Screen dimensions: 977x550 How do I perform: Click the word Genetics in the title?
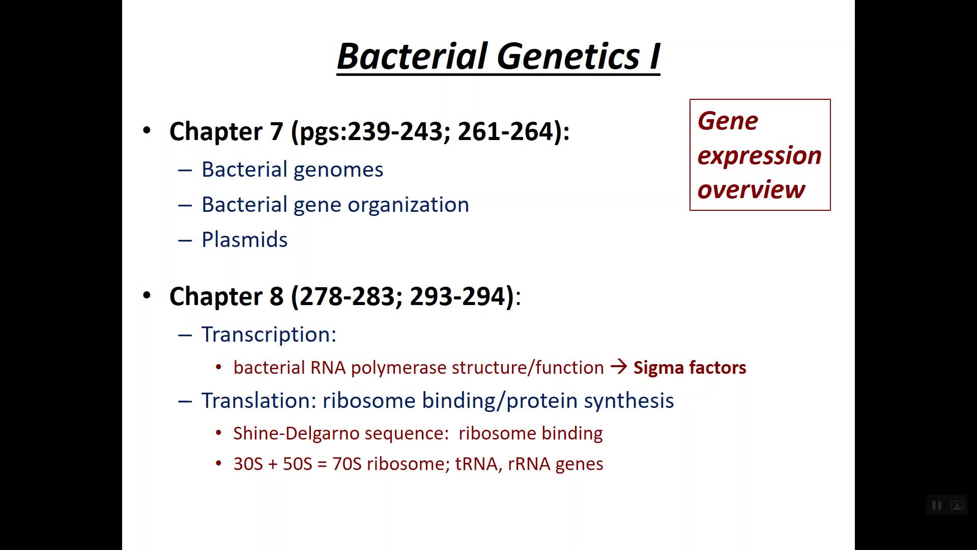pyautogui.click(x=568, y=56)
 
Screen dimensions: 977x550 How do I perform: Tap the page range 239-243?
pyautogui.click(x=395, y=131)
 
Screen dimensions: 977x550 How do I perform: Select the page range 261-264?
pyautogui.click(x=505, y=131)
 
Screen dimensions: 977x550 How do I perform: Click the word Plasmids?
pyautogui.click(x=245, y=240)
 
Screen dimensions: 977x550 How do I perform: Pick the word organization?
pyautogui.click(x=409, y=205)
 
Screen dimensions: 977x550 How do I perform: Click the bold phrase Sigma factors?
pyautogui.click(x=689, y=367)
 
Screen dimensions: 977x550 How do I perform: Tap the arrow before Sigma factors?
pyautogui.click(x=619, y=367)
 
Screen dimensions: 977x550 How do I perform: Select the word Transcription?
pyautogui.click(x=266, y=335)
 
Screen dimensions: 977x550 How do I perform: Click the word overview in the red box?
pyautogui.click(x=751, y=190)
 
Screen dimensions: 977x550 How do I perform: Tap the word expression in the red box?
pyautogui.click(x=759, y=156)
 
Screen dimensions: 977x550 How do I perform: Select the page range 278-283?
pyautogui.click(x=348, y=296)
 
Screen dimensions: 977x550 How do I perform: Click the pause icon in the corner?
pyautogui.click(x=936, y=505)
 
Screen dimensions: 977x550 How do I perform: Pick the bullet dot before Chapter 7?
pyautogui.click(x=147, y=130)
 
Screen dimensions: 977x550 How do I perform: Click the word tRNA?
pyautogui.click(x=476, y=464)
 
